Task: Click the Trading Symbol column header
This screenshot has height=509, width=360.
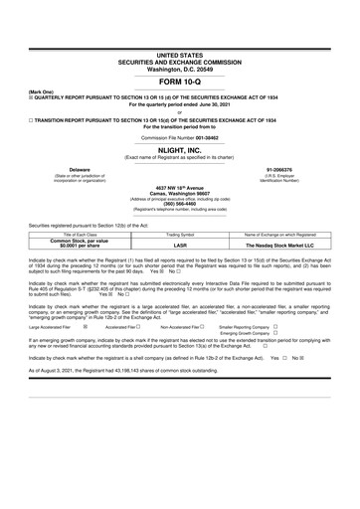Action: [180, 234]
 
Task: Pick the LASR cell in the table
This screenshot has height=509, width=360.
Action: [180, 245]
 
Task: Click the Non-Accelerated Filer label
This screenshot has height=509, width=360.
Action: [182, 326]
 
